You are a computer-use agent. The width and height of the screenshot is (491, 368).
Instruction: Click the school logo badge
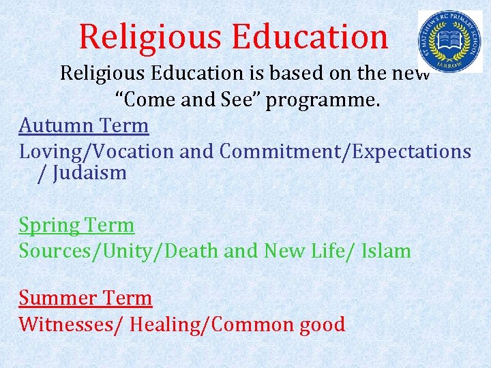click(x=449, y=41)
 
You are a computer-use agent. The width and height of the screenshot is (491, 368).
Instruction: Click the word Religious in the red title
click(x=147, y=37)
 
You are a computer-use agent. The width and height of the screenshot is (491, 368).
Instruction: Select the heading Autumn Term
click(x=84, y=125)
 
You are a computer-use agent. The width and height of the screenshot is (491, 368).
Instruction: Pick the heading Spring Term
click(x=76, y=225)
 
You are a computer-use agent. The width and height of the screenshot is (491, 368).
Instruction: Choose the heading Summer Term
click(x=85, y=298)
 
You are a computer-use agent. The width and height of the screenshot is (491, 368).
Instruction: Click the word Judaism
click(x=91, y=172)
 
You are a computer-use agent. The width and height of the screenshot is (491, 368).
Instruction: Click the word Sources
click(x=59, y=251)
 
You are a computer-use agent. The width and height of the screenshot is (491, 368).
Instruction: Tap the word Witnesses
click(x=68, y=324)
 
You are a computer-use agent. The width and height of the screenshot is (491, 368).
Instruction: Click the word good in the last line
click(x=322, y=324)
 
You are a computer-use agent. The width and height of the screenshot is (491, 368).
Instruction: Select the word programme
click(x=322, y=101)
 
